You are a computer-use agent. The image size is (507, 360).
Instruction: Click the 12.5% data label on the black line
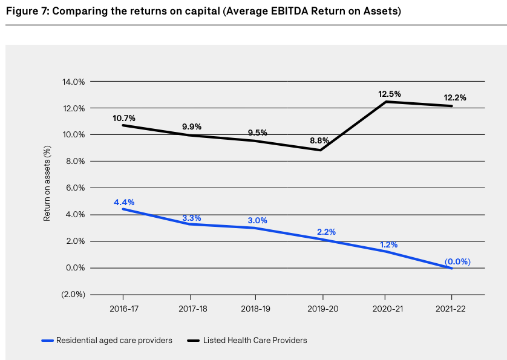pyautogui.click(x=389, y=94)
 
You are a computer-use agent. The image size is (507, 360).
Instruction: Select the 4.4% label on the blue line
pyautogui.click(x=124, y=202)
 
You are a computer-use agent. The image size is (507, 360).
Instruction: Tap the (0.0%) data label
pyautogui.click(x=457, y=262)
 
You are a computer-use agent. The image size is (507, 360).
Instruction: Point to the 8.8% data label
pyautogui.click(x=319, y=140)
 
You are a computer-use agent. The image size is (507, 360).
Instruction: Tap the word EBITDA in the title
pyautogui.click(x=267, y=11)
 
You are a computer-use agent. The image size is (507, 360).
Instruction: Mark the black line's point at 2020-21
pyautogui.click(x=385, y=102)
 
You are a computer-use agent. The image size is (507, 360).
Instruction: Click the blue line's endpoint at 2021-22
pyautogui.click(x=451, y=268)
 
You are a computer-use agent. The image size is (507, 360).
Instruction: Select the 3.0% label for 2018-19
pyautogui.click(x=257, y=221)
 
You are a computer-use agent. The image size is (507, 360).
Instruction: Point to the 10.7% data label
pyautogui.click(x=124, y=118)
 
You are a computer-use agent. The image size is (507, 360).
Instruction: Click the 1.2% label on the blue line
pyautogui.click(x=388, y=244)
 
